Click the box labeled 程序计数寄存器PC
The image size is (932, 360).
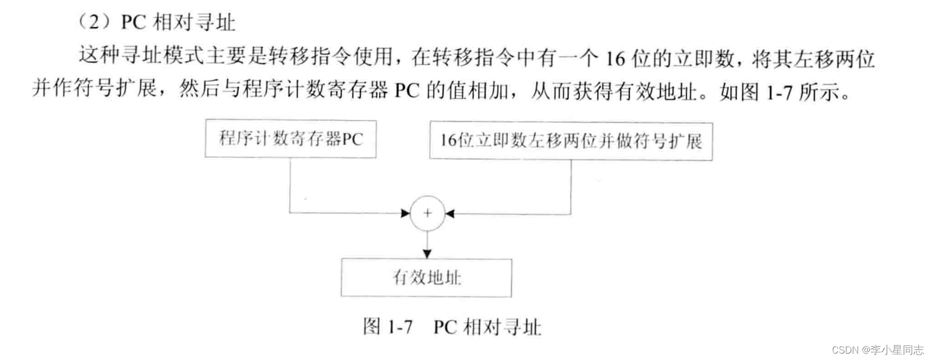pos(291,139)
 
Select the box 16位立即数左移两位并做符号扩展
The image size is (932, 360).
pos(571,141)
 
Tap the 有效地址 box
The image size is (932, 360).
pos(426,278)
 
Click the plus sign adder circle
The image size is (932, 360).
pos(427,213)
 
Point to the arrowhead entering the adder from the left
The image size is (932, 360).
pos(406,213)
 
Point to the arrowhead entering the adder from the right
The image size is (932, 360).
pos(449,214)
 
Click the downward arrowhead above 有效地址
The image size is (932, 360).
pos(427,252)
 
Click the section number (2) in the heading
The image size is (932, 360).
pos(95,22)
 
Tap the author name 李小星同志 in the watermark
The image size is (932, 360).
pos(897,350)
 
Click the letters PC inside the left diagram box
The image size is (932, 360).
pos(353,140)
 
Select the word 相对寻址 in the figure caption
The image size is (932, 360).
pos(502,326)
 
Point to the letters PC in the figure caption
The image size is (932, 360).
pos(445,326)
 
